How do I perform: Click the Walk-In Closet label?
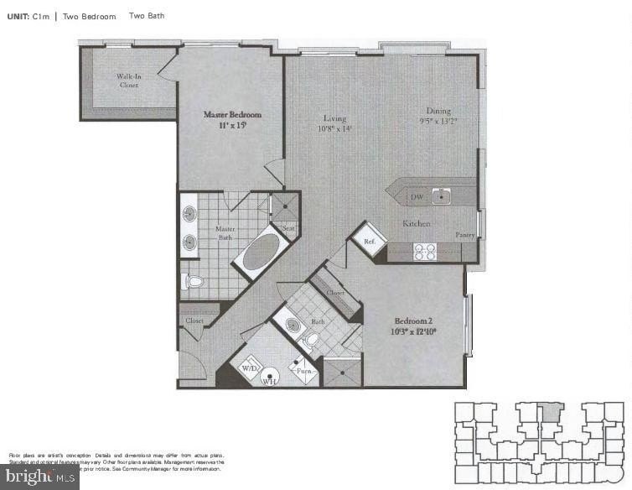click(x=128, y=81)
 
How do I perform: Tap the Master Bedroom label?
click(x=233, y=114)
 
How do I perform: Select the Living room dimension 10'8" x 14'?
click(x=334, y=129)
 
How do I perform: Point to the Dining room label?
click(x=438, y=111)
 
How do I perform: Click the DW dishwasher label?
click(x=416, y=198)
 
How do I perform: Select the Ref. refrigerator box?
click(x=370, y=240)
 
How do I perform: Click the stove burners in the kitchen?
click(x=425, y=250)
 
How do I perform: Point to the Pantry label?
click(x=465, y=236)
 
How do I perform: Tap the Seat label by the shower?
click(x=288, y=227)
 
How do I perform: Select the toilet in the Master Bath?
click(x=194, y=281)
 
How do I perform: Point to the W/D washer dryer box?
click(x=250, y=369)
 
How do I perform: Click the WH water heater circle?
click(x=270, y=379)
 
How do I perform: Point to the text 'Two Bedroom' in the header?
click(x=89, y=16)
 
